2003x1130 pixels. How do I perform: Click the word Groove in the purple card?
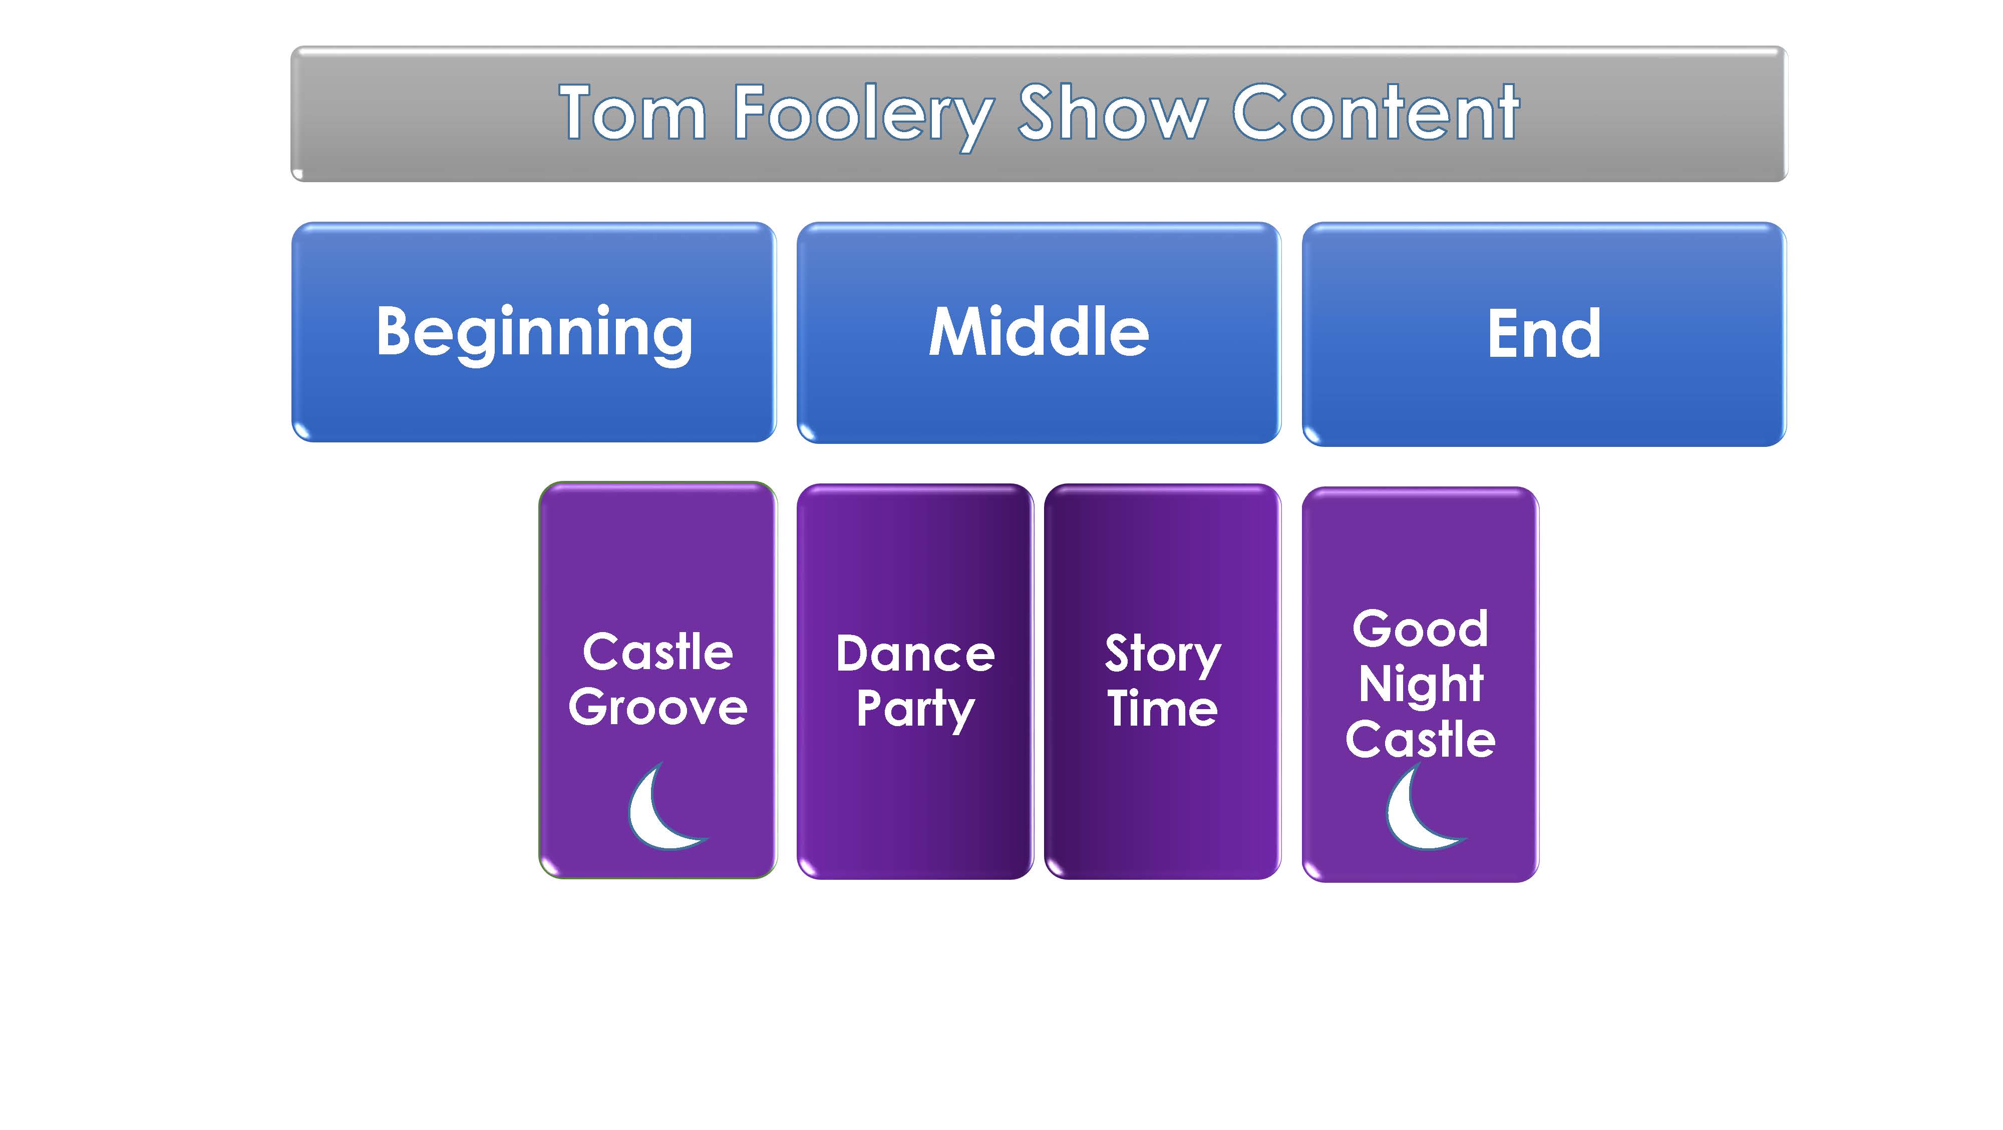coord(658,707)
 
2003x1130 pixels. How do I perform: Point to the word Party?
coord(915,710)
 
